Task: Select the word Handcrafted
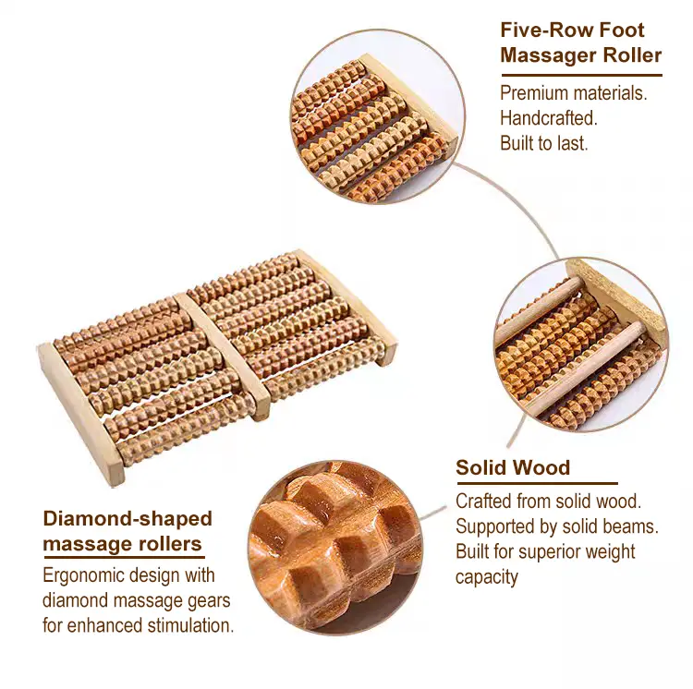(549, 118)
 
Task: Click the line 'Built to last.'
(543, 143)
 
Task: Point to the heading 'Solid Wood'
(513, 467)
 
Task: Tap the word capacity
(486, 577)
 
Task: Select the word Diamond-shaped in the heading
(128, 519)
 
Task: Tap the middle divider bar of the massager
(223, 356)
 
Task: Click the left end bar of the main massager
(81, 414)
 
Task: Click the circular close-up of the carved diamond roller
(335, 548)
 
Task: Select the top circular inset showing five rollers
(377, 117)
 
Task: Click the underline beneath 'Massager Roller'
(581, 76)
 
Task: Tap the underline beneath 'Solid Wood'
(537, 484)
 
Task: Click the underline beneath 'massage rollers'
(124, 557)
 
